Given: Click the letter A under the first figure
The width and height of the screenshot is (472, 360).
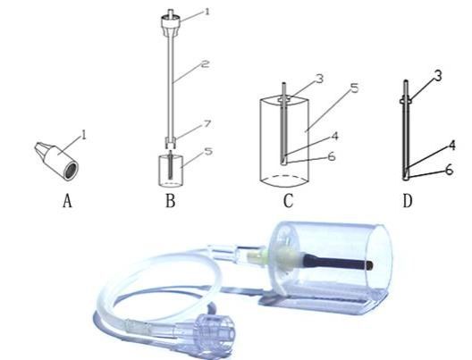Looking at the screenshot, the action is click(x=67, y=201).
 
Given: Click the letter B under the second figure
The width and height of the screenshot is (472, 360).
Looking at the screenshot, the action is click(x=171, y=201).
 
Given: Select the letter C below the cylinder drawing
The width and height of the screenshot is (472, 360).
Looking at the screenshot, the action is click(x=288, y=201).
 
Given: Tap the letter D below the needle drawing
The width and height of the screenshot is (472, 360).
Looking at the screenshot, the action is click(x=408, y=201).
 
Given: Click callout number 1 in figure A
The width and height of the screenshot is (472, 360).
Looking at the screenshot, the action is click(x=84, y=134).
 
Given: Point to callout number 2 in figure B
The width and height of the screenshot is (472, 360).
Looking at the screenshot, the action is click(x=205, y=63).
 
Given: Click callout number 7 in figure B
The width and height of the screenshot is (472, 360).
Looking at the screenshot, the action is click(x=207, y=124).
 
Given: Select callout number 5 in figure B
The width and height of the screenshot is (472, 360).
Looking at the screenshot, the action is click(x=208, y=151).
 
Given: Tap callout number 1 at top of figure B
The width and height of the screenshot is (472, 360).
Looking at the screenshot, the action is click(x=206, y=12).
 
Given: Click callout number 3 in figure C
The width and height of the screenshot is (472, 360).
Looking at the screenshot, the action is click(x=319, y=79).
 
